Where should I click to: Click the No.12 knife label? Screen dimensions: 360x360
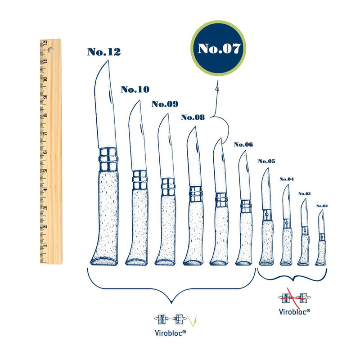click(x=104, y=52)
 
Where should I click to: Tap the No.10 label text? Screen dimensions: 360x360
click(x=135, y=89)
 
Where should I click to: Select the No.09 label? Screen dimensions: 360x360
click(x=165, y=104)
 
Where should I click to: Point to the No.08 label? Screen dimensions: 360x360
click(x=193, y=117)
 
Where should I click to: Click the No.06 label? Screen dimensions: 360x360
click(x=243, y=144)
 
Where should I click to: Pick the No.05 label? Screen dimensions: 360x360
click(x=266, y=161)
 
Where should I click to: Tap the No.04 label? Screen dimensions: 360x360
click(x=287, y=179)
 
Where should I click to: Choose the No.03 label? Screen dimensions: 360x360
click(x=305, y=194)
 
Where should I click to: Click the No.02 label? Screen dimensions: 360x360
click(x=322, y=206)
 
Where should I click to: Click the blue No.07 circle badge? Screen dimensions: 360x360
click(x=218, y=48)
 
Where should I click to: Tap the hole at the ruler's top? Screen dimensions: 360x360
click(x=50, y=50)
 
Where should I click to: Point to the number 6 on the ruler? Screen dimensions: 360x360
click(x=45, y=152)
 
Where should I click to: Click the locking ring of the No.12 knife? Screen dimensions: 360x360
click(x=108, y=159)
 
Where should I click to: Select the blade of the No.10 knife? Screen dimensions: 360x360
click(x=137, y=135)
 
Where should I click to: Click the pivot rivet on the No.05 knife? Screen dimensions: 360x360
click(x=266, y=215)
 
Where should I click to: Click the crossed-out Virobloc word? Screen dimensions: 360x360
click(x=294, y=312)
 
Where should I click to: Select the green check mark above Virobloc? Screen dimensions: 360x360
click(x=192, y=321)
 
